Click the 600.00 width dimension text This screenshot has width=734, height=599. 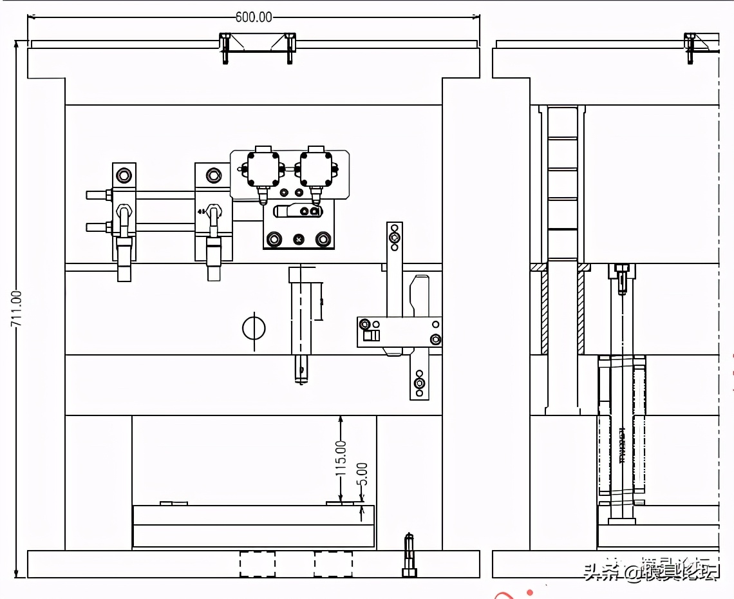pos(253,17)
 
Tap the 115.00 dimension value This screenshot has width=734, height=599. pos(341,458)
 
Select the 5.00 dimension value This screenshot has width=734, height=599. pos(362,475)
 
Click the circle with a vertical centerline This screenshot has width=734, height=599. pos(254,328)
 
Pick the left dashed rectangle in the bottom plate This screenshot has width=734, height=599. pos(258,564)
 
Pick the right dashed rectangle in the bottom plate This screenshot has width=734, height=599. pos(333,564)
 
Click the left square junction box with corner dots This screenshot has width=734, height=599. pos(264,169)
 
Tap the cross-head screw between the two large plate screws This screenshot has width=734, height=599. pos(299,240)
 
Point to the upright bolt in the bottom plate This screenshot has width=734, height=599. pos(409,555)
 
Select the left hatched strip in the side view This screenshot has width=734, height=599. pos(544,312)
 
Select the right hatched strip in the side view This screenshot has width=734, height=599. pos(581,312)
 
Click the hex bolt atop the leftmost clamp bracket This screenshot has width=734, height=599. pos(124,175)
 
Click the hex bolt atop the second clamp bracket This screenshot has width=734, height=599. pos(212,175)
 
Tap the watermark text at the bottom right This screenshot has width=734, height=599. pos(650,571)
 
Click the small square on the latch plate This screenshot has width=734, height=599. pos(368,335)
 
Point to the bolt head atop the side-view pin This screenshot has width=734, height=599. pos(621,268)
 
